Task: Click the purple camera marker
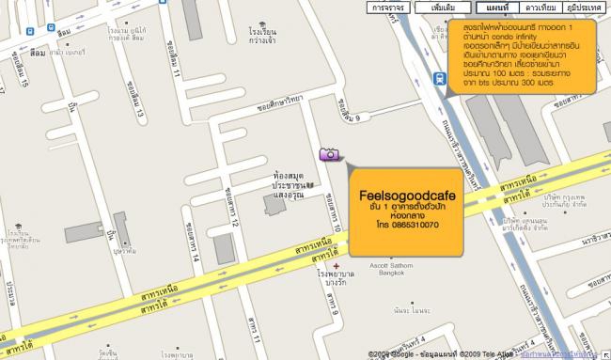[330, 154]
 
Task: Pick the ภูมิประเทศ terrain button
[583, 7]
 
